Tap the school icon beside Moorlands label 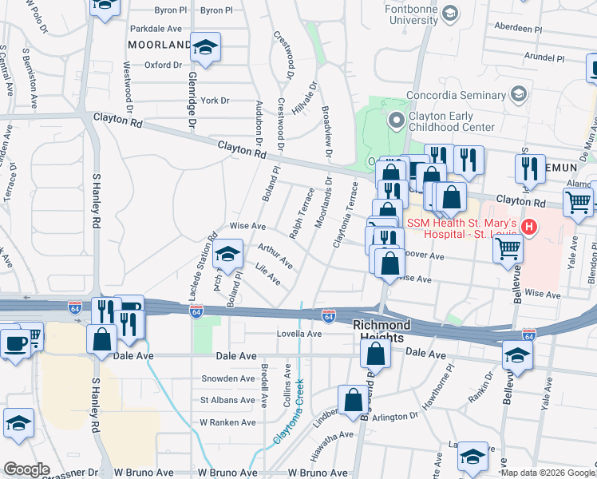click(206, 48)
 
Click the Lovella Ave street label click(298, 334)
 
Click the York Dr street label click(215, 101)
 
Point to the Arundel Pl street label click(544, 57)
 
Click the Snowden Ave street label click(228, 378)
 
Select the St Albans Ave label click(227, 400)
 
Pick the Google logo click(26, 469)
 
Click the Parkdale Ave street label click(156, 27)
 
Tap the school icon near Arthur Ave click(229, 255)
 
